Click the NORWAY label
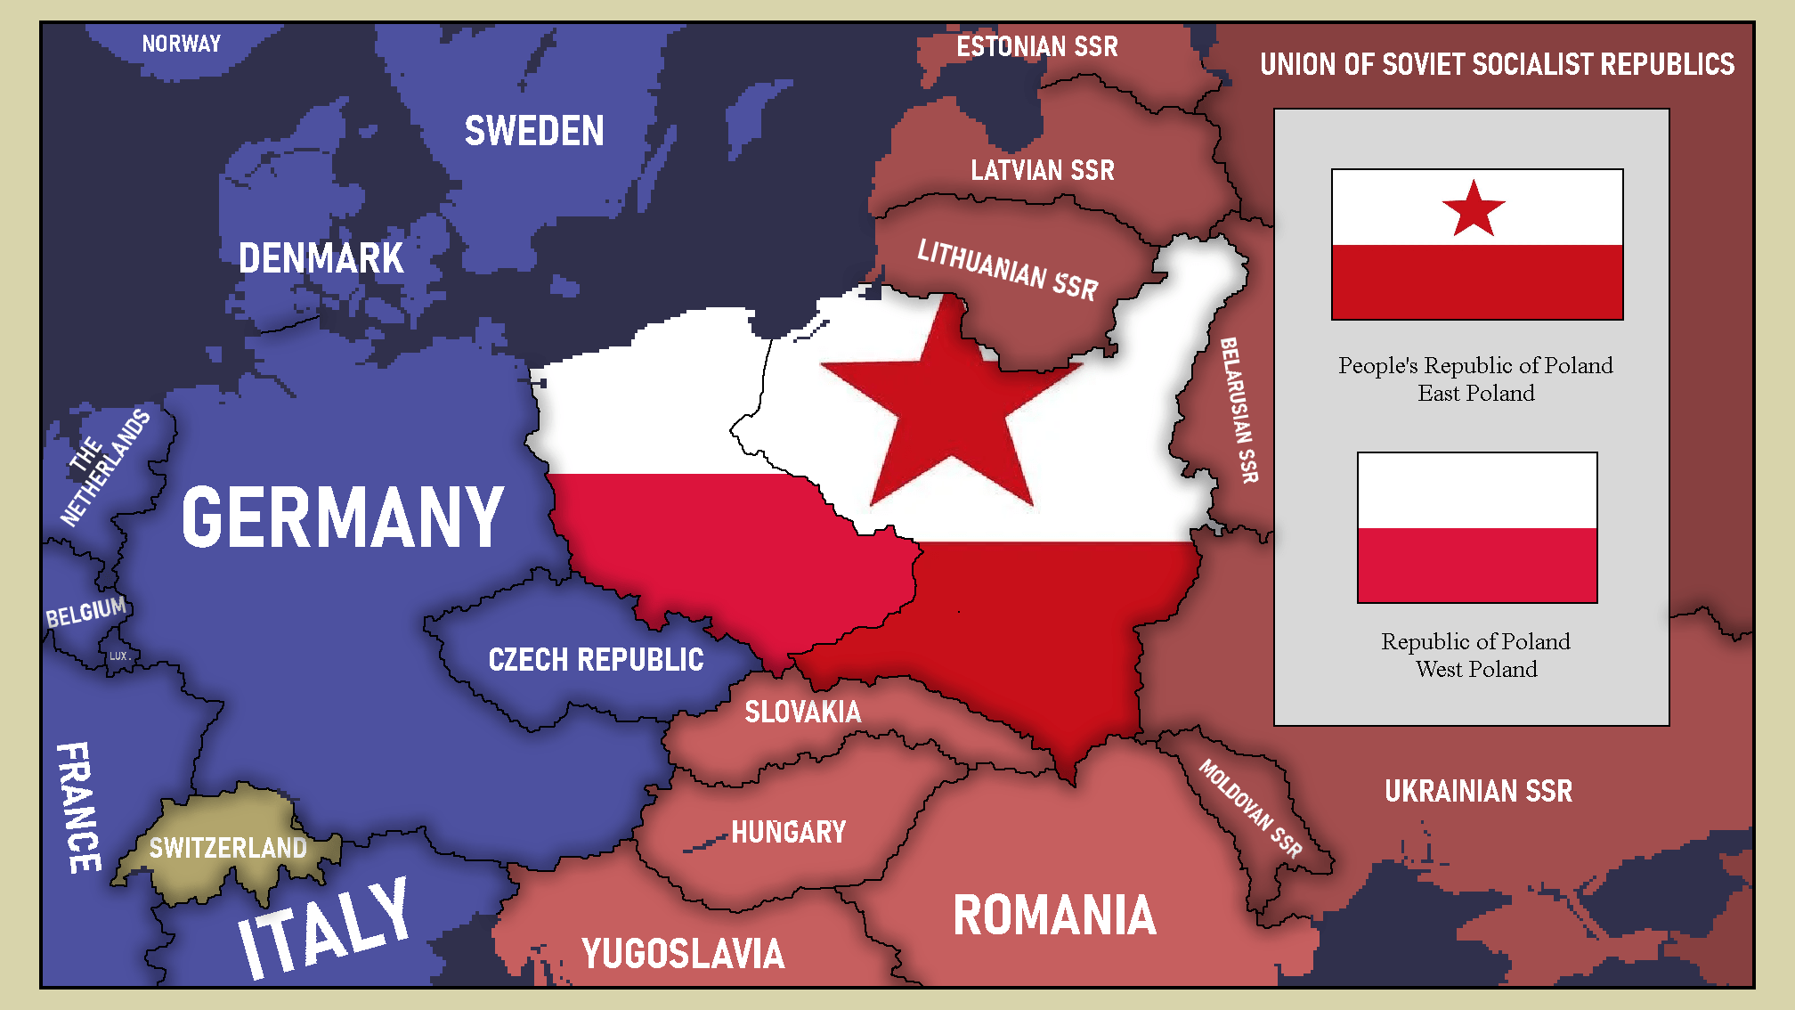pos(181,44)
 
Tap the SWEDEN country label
pos(534,132)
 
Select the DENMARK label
pos(321,258)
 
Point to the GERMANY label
pos(343,517)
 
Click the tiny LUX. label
pos(118,656)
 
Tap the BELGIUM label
pos(86,613)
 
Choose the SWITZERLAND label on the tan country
pos(228,847)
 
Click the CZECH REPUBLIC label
pos(596,660)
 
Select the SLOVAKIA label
pos(802,712)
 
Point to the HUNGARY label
pos(788,832)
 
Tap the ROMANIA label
pos(1054,916)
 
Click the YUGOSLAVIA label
pos(683,954)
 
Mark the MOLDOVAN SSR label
pos(1250,808)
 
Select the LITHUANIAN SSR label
pos(1007,269)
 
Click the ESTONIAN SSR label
pos(1036,46)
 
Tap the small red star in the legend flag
pos(1474,210)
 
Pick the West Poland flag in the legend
pos(1476,527)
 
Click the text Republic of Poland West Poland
pos(1475,655)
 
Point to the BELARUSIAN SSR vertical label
pos(1239,410)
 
